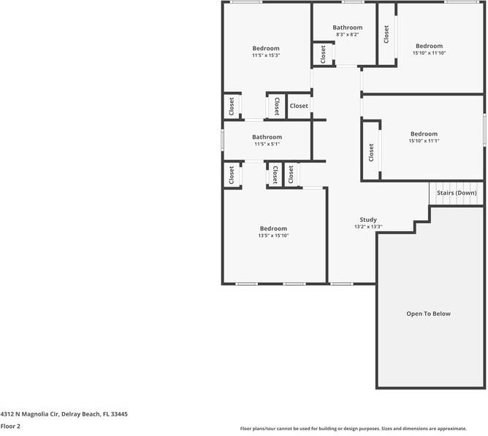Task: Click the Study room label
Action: [x=368, y=219]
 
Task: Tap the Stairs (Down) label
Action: [x=457, y=192]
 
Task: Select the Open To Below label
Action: [x=428, y=314]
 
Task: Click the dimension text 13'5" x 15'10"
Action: [x=272, y=235]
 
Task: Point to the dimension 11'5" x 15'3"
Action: [x=266, y=55]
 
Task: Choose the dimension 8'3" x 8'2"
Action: [x=347, y=34]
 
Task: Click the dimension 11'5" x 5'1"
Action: [x=267, y=144]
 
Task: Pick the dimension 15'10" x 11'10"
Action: [x=429, y=52]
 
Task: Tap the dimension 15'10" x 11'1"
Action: [x=424, y=141]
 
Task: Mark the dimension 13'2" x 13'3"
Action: [x=368, y=227]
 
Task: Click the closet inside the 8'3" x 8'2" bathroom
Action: [x=322, y=54]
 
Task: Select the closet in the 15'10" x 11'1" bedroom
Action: [x=371, y=152]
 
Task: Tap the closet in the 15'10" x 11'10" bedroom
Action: [x=386, y=34]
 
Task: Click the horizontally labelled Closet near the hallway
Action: [x=299, y=106]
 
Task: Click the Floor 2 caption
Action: [x=11, y=426]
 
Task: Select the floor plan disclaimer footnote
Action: [x=363, y=429]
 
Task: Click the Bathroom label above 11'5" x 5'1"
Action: [x=267, y=137]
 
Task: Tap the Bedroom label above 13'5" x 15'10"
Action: [x=272, y=228]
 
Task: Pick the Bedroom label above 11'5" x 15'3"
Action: [x=266, y=48]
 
